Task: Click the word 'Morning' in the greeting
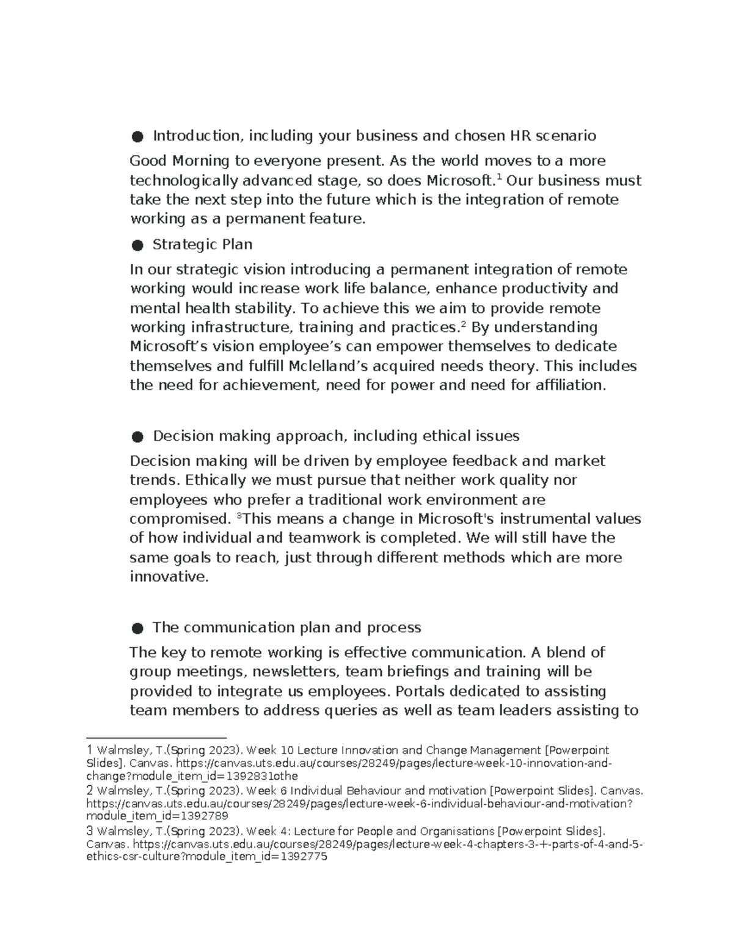pyautogui.click(x=201, y=161)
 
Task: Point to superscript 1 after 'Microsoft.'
pyautogui.click(x=499, y=177)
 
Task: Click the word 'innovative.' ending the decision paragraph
pyautogui.click(x=169, y=577)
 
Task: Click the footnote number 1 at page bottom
pyautogui.click(x=90, y=750)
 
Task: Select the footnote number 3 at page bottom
pyautogui.click(x=90, y=831)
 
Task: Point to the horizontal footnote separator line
pyautogui.click(x=156, y=738)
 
